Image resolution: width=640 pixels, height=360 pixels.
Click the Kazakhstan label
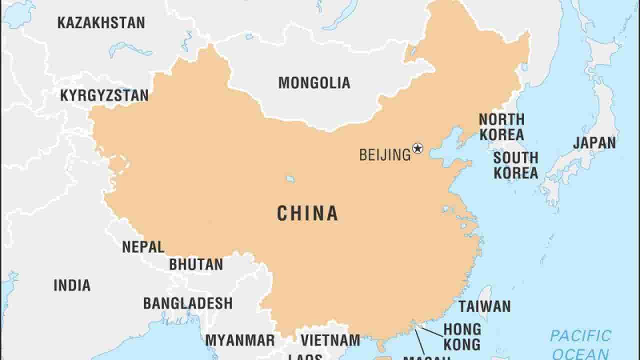101,22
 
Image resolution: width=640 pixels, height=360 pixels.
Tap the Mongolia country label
314,82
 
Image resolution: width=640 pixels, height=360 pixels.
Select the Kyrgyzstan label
104,95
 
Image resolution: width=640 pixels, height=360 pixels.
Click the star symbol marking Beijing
417,148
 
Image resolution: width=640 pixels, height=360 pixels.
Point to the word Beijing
384,155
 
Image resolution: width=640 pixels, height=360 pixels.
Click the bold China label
307,214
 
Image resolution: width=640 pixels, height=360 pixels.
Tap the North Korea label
501,127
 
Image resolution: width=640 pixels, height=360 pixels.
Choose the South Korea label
515,165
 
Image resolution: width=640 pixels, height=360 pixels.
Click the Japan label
594,143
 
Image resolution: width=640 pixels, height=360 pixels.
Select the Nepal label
143,247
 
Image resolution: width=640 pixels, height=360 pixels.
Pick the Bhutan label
196,264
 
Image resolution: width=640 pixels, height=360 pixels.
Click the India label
72,285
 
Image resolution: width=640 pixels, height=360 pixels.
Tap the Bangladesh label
188,303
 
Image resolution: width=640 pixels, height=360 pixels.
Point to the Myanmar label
240,340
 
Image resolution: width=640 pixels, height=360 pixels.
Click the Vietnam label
330,340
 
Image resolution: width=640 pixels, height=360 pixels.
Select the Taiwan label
484,306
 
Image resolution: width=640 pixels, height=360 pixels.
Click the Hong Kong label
462,336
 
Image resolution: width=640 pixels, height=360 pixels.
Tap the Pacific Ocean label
580,344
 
